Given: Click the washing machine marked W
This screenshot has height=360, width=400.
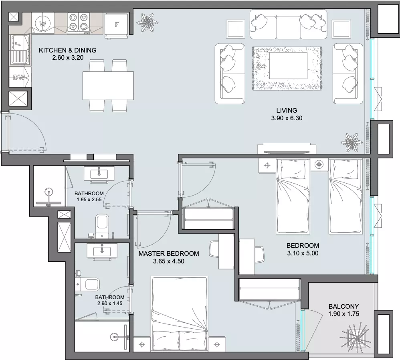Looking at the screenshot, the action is (x=42, y=24).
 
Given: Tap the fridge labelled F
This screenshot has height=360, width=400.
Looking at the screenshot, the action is (x=116, y=25).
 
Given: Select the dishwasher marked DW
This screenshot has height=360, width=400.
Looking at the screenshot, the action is (x=20, y=77).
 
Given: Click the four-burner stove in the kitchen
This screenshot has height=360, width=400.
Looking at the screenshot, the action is (x=79, y=23).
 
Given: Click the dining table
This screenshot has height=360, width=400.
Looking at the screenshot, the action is (x=108, y=85).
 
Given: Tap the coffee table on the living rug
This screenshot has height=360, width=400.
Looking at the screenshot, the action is (x=288, y=66).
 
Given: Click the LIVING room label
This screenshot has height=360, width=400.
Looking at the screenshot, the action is (x=287, y=111).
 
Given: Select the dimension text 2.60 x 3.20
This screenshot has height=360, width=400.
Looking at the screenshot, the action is (x=68, y=58).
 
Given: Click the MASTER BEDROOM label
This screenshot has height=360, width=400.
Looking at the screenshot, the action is (x=169, y=254).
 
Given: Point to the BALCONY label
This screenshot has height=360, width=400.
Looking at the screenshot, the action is (x=343, y=306).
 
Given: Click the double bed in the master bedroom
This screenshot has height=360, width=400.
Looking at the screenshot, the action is (x=180, y=313).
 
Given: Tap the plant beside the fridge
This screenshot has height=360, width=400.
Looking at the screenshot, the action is (x=147, y=23).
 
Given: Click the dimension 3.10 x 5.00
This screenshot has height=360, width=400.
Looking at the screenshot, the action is (x=303, y=253).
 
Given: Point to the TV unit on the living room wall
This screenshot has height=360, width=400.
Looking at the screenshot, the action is (x=287, y=148).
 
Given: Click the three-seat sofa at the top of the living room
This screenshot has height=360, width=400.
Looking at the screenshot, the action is (x=288, y=24).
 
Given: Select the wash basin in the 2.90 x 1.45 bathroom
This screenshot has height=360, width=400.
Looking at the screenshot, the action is (x=102, y=251).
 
